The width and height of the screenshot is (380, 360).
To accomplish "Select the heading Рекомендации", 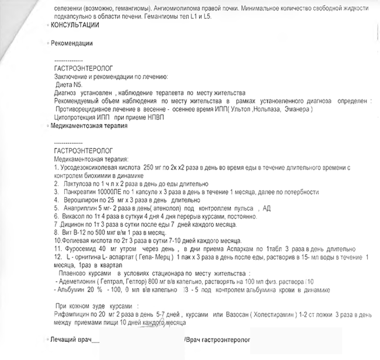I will (72, 43).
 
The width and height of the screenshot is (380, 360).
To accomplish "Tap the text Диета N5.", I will (68, 85).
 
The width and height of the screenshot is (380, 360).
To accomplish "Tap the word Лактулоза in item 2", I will (75, 184).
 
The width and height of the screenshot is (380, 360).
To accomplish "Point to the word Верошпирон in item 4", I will (81, 199).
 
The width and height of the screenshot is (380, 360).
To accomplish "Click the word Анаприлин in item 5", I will (79, 207).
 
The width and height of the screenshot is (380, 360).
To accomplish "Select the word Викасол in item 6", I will (72, 216).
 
